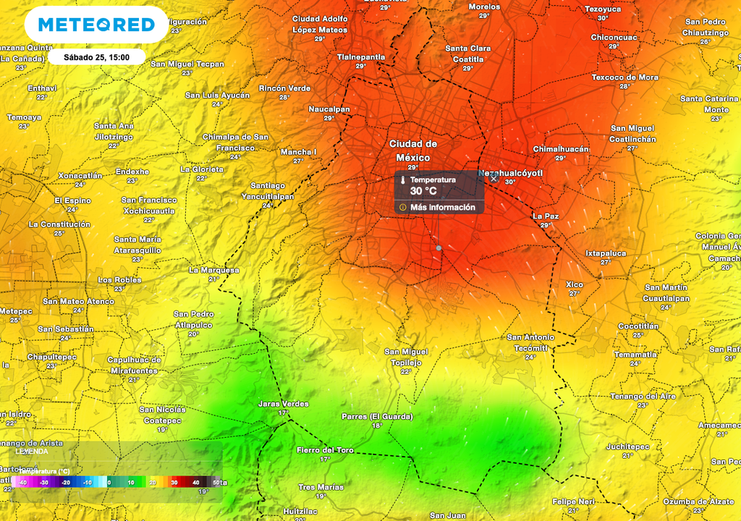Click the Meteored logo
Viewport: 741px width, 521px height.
(x=96, y=25)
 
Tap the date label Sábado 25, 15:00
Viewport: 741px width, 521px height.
(x=96, y=56)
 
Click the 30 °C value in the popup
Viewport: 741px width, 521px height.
(x=423, y=191)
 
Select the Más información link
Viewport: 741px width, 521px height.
(x=442, y=207)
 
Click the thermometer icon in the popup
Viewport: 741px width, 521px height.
(x=402, y=179)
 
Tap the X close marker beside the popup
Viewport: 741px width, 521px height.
(x=494, y=178)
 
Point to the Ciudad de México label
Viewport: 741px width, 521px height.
(x=412, y=151)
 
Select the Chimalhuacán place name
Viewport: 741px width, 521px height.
(x=561, y=149)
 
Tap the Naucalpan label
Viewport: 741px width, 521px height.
(x=329, y=109)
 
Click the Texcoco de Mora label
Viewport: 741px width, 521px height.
(x=625, y=77)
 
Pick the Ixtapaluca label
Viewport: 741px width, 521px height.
(x=605, y=253)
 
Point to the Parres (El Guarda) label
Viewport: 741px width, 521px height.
(x=376, y=417)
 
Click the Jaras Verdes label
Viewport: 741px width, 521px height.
(x=283, y=404)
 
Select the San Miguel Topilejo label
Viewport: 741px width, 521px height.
(x=405, y=357)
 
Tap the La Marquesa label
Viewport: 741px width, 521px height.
(x=213, y=270)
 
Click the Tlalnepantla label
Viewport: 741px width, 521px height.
(x=360, y=56)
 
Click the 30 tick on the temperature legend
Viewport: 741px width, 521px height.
(x=174, y=483)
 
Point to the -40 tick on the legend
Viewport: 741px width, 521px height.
(x=23, y=483)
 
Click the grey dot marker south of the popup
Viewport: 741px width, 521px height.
(x=439, y=248)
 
